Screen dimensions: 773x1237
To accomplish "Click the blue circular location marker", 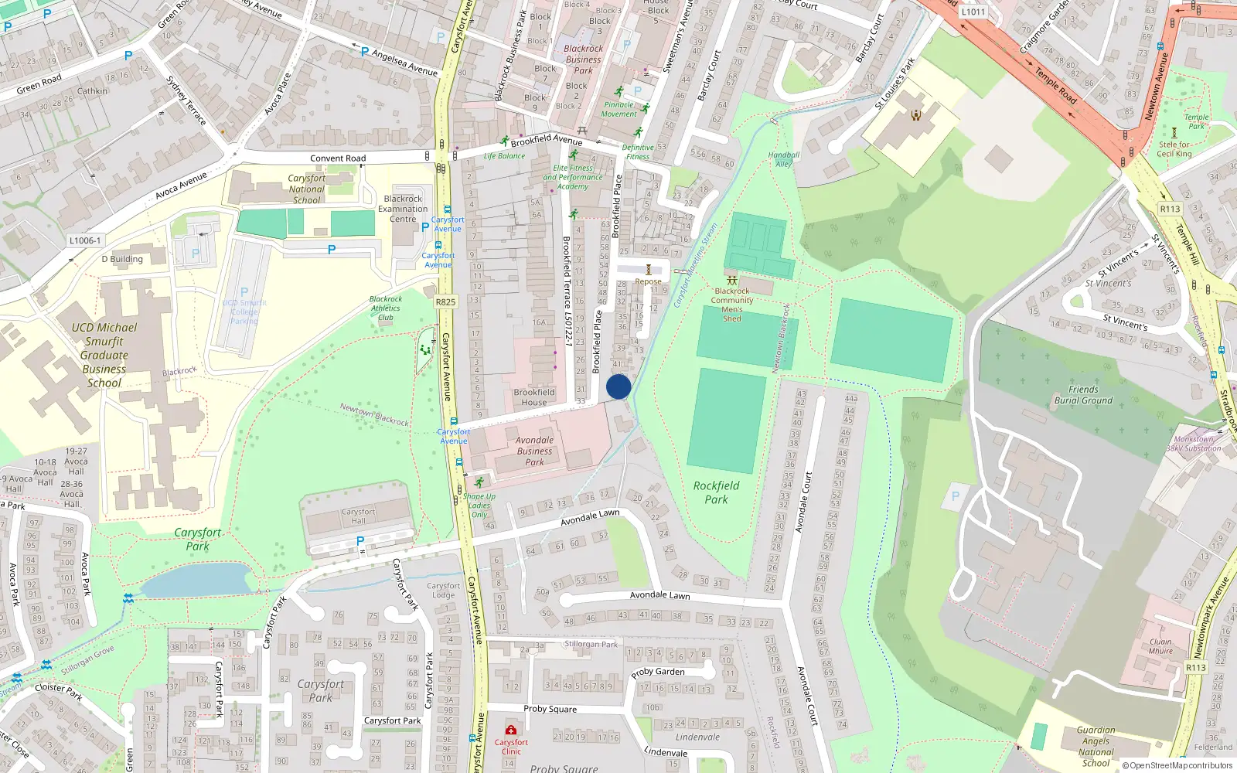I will pos(618,386).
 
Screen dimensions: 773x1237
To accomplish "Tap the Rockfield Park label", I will pos(716,492).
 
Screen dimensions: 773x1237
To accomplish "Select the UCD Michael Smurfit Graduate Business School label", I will pos(104,355).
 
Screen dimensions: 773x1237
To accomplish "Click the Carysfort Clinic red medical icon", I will pos(511,730).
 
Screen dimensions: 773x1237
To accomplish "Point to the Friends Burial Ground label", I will pos(1083,395).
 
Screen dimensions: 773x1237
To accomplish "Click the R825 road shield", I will pos(445,302).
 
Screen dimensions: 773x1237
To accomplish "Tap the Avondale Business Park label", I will pos(534,451).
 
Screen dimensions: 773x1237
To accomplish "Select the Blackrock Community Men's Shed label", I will pos(731,305).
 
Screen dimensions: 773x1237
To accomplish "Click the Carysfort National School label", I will pos(307,189).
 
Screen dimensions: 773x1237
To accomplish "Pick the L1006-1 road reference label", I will pos(85,240).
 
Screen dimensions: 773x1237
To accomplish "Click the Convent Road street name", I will pos(338,158).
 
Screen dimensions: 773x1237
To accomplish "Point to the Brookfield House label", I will pos(533,397).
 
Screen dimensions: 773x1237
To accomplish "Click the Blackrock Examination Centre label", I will pos(403,209).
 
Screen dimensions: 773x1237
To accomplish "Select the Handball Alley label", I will pos(784,159).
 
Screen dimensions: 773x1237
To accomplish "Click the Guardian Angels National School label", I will pos(1096,746).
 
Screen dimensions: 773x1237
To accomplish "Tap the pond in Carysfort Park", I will pos(197,580).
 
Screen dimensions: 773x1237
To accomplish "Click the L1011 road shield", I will pos(973,12).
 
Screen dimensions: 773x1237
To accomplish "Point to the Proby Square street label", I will pos(550,709).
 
